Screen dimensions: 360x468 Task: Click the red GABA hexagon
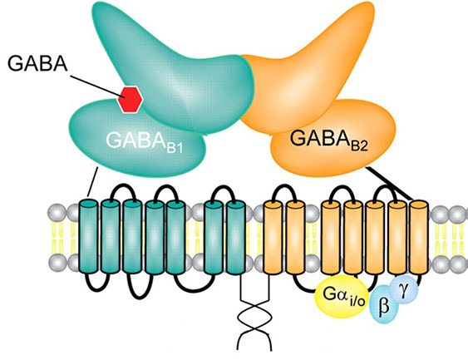[130, 99]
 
